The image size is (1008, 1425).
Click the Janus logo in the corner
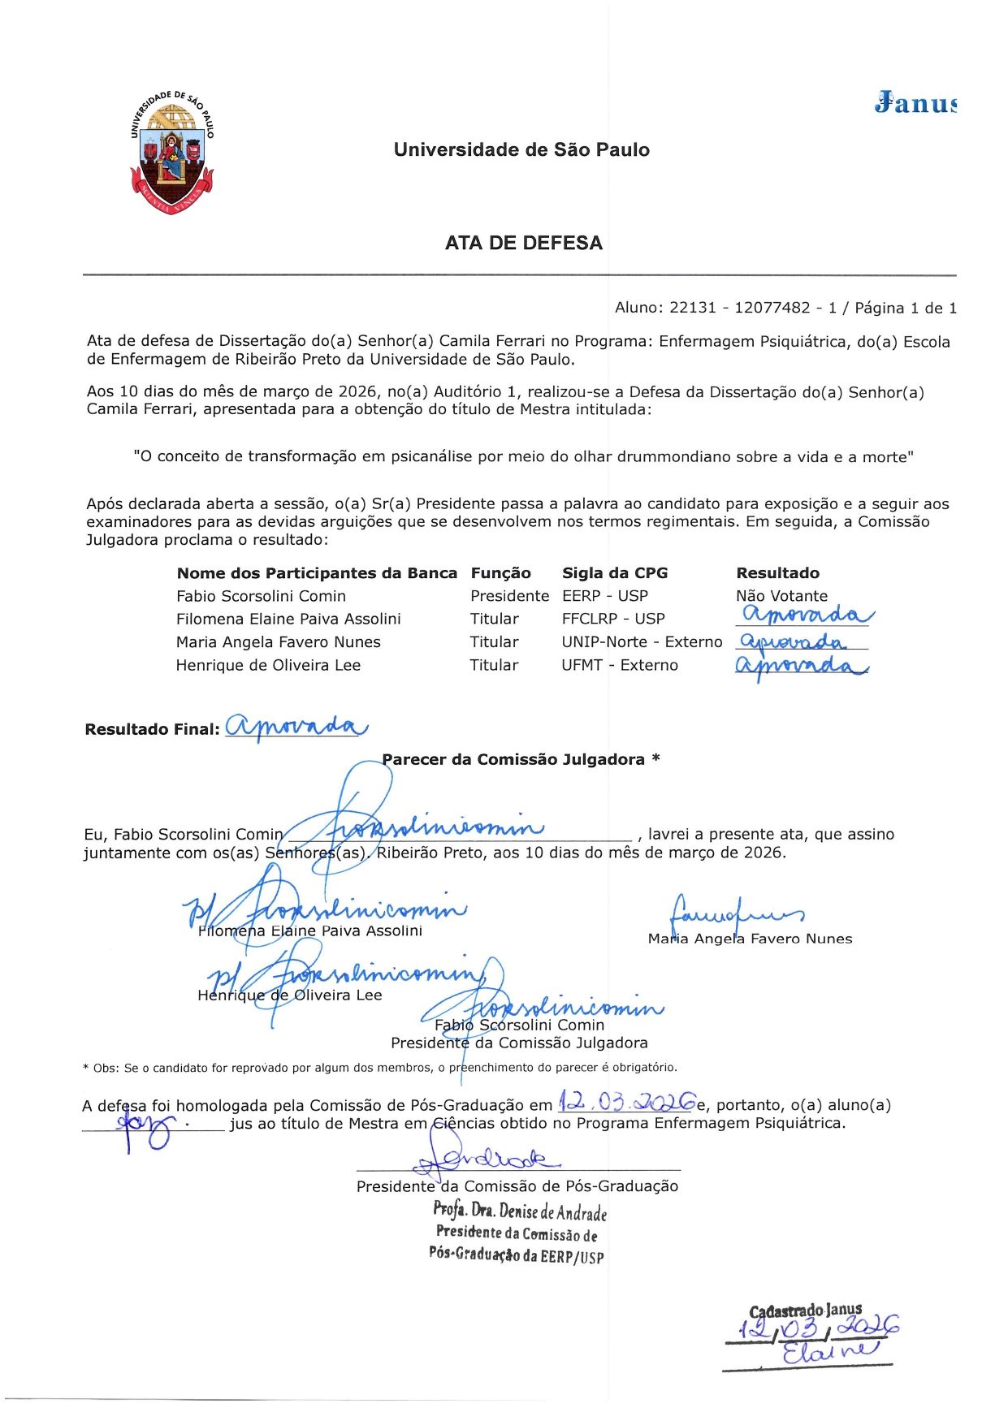915,104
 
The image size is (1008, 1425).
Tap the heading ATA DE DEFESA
523,243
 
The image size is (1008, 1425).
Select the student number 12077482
772,308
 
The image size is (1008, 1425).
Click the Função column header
500,573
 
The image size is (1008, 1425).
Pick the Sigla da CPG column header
614,573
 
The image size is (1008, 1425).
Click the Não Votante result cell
781,596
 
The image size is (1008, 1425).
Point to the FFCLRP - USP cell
612,619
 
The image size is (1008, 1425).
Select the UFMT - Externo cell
619,665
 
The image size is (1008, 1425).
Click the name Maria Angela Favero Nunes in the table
278,642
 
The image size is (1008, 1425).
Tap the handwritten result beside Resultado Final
296,726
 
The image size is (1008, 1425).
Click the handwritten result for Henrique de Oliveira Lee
801,667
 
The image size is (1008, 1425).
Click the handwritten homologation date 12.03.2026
626,1103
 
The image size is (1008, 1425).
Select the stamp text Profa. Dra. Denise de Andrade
520,1211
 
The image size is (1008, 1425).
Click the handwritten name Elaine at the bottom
829,1351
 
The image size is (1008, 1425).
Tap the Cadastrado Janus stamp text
805,1311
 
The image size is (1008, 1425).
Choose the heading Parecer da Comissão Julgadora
520,760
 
